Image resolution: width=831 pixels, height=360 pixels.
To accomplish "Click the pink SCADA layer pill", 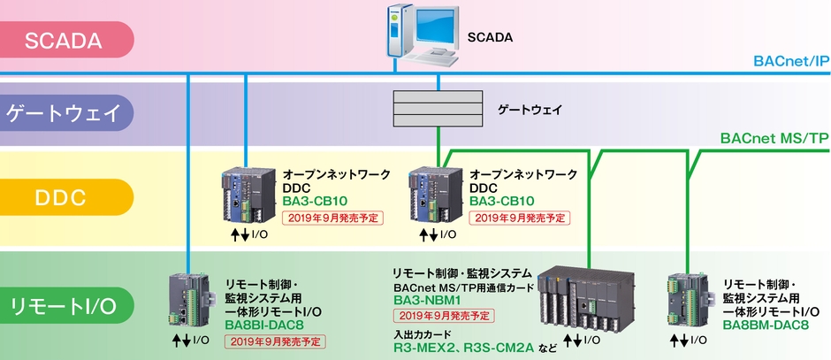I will [x=66, y=40].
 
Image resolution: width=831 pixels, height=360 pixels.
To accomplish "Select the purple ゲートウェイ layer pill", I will [x=66, y=113].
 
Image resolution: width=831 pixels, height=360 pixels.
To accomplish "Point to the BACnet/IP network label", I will [x=790, y=62].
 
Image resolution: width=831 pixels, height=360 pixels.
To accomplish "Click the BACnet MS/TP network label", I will [x=774, y=139].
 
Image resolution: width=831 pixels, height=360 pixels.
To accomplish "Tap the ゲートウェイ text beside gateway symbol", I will [x=530, y=110].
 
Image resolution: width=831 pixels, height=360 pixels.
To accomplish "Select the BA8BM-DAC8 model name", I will [x=766, y=325].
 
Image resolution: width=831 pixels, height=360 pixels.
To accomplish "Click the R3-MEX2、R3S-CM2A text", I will [x=463, y=348].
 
